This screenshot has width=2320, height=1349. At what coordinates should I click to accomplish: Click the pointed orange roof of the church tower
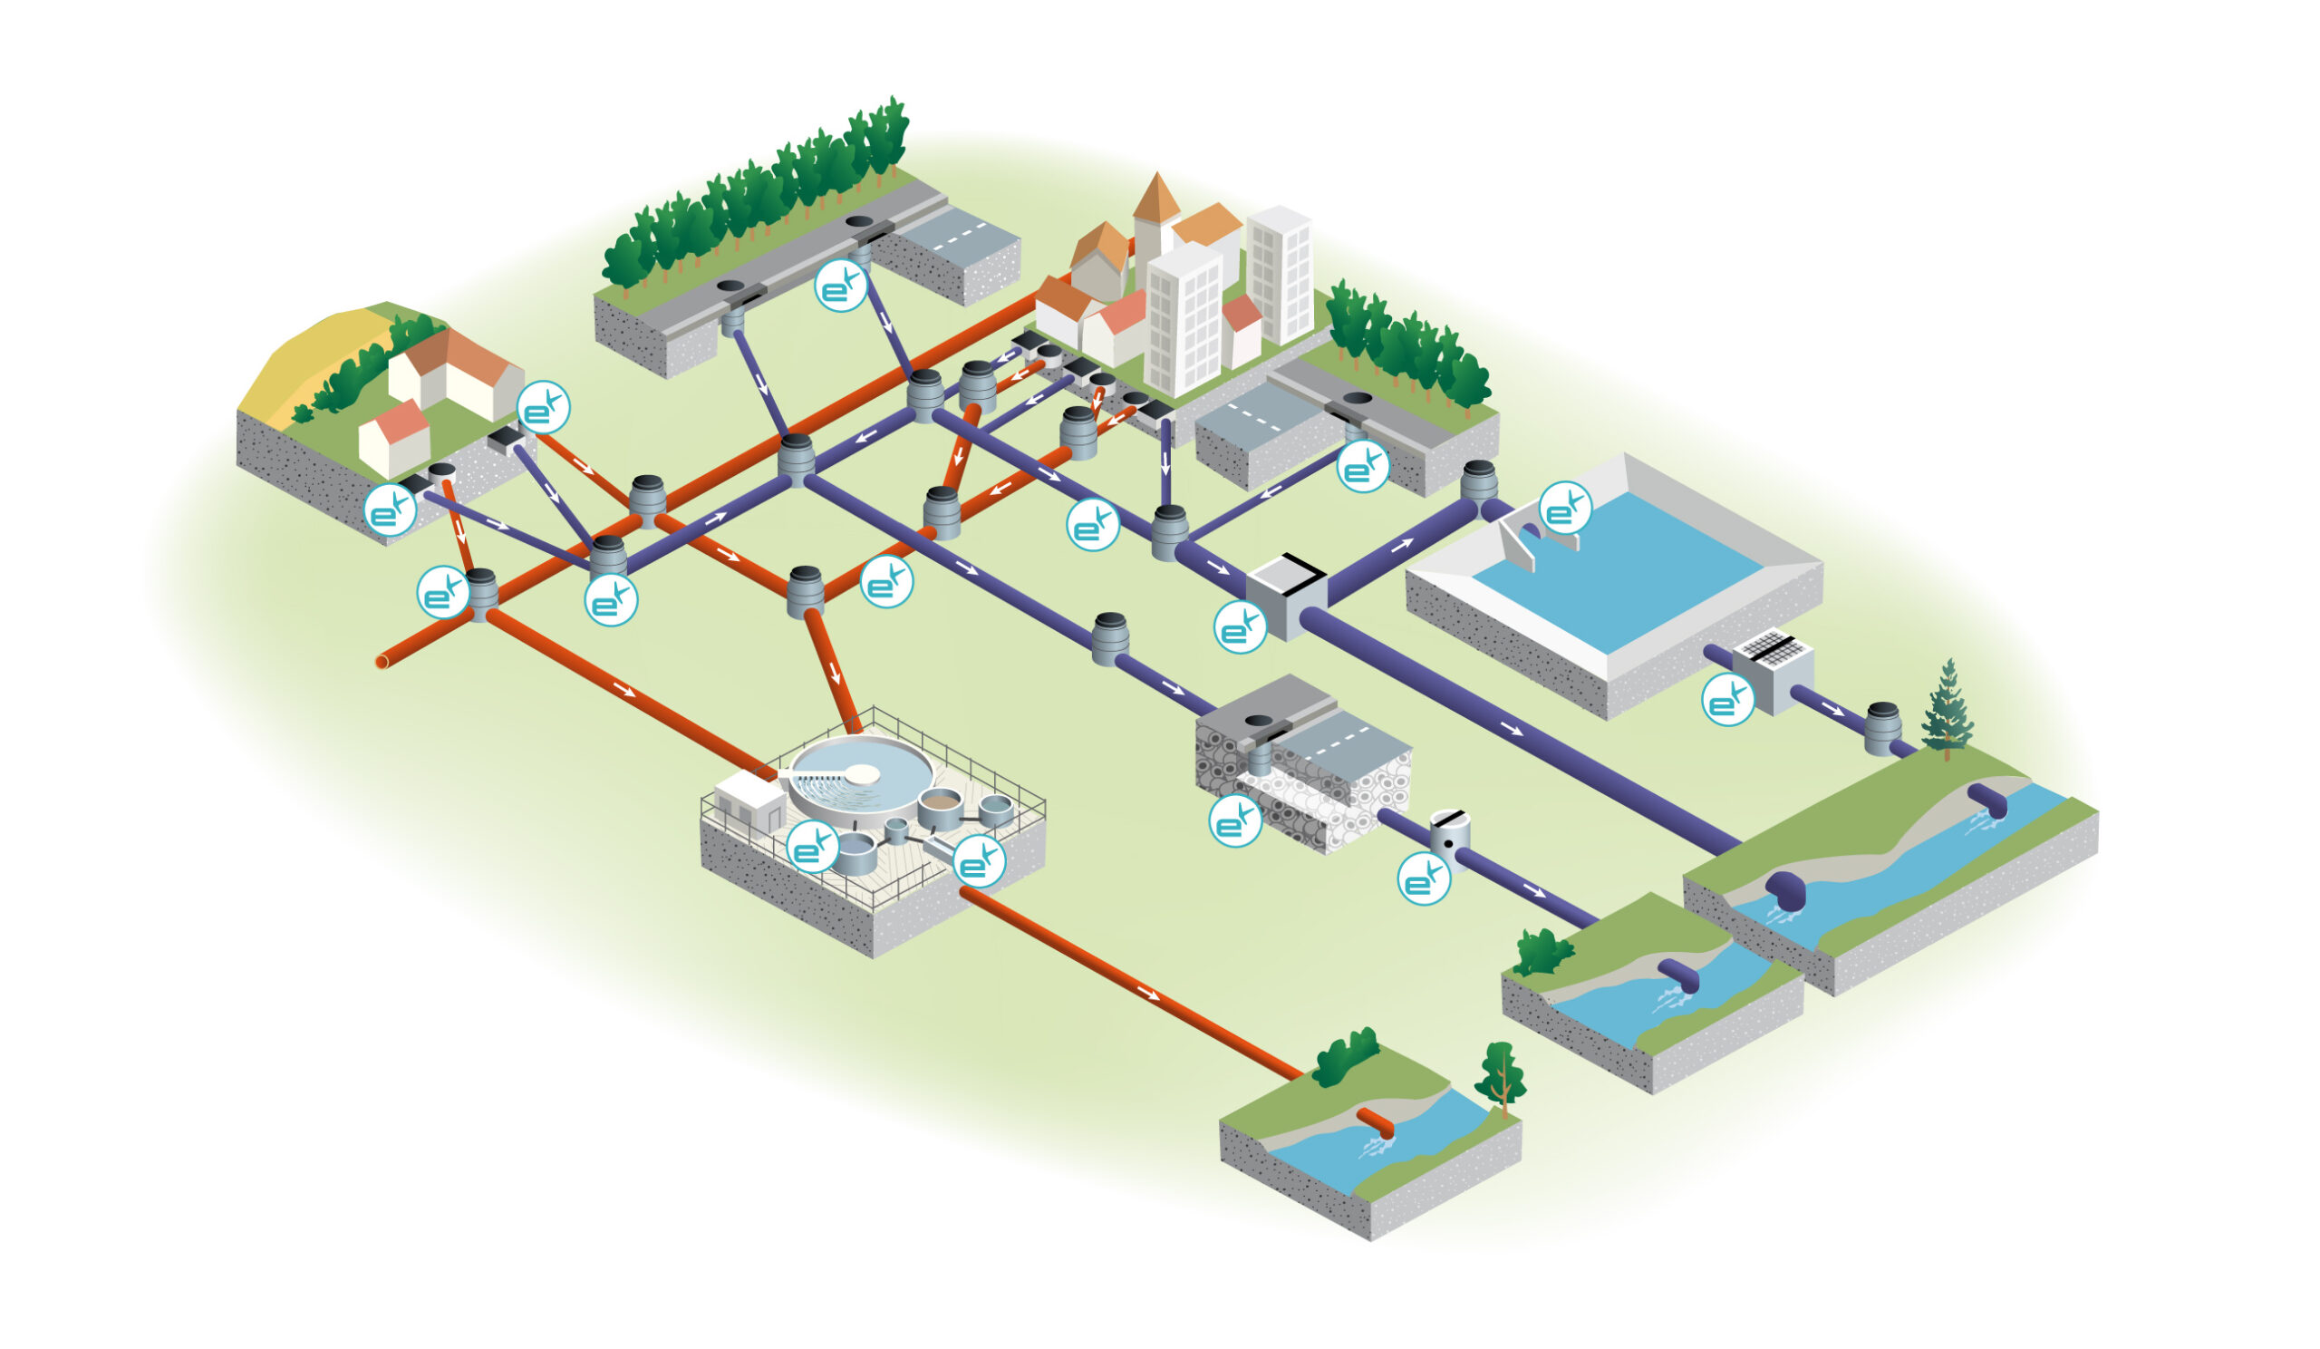[1155, 196]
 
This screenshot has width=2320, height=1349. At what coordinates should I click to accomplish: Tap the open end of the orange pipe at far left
[382, 661]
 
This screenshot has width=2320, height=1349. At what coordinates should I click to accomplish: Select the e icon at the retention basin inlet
[1565, 508]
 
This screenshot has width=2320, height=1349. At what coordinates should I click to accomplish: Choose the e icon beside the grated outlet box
[1728, 699]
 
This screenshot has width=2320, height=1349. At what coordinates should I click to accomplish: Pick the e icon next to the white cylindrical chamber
[1424, 878]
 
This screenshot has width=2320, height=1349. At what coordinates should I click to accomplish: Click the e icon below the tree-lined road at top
[840, 285]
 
